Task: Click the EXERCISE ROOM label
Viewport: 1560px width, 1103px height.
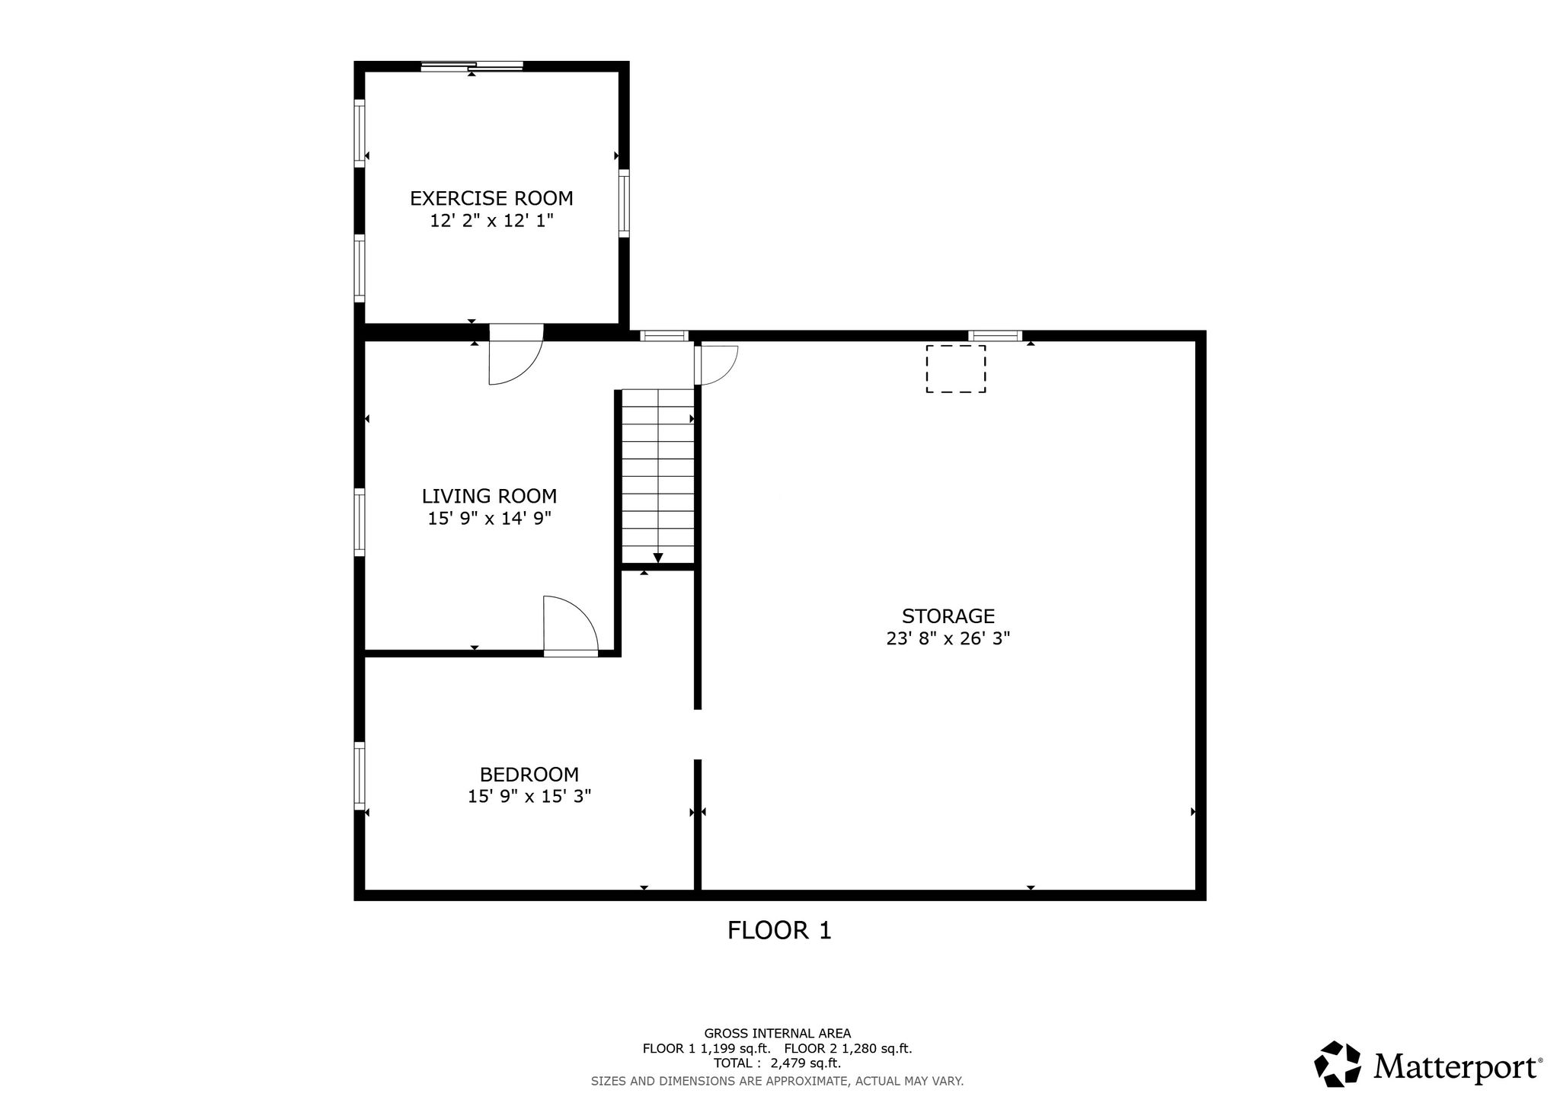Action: point(491,199)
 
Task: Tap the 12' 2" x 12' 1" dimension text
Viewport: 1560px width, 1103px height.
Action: point(491,221)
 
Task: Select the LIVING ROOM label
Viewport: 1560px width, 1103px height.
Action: point(490,497)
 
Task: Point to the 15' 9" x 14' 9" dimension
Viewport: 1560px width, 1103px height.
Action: point(490,519)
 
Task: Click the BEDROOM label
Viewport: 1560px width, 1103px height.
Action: point(529,775)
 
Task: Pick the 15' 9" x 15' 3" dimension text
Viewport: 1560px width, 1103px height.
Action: point(529,797)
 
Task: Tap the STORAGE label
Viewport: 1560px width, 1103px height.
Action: point(948,616)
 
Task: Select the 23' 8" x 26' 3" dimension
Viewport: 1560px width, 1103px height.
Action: point(948,638)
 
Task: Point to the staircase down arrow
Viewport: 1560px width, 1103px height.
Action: point(658,557)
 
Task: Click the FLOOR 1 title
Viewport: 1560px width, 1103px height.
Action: point(779,930)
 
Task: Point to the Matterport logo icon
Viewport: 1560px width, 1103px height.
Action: point(1338,1063)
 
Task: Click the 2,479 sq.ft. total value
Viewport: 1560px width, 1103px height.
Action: point(806,1063)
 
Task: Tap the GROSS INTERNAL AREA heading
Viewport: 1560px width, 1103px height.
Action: point(778,1034)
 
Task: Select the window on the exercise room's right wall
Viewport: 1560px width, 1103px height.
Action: point(624,203)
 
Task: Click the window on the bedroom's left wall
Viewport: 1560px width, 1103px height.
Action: point(360,775)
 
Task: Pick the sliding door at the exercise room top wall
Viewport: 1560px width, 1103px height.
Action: point(472,67)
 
